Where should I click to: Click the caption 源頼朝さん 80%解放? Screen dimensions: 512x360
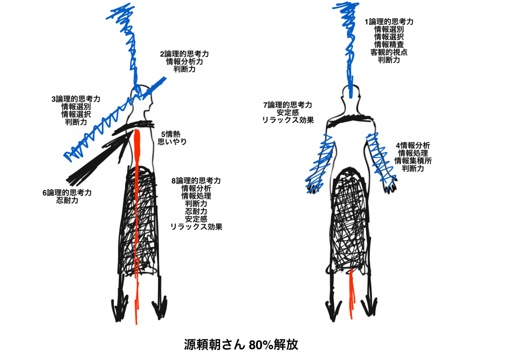tap(241, 344)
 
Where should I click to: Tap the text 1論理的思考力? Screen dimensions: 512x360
tap(389, 22)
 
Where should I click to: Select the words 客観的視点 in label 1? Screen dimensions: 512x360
tap(389, 52)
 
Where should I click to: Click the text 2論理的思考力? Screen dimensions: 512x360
tap(184, 54)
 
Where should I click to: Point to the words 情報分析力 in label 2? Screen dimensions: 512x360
tap(184, 61)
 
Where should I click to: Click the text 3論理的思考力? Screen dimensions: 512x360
tap(76, 99)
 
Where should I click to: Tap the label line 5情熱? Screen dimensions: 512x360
tap(171, 134)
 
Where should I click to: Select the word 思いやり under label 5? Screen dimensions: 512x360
tap(172, 142)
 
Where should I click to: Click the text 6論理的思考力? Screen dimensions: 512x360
tap(67, 192)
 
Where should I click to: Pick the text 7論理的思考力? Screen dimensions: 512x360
tap(287, 105)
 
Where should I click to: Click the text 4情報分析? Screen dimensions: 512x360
tap(412, 145)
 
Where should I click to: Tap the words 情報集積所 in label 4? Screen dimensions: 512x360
tap(413, 160)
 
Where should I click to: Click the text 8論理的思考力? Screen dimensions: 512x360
tap(196, 180)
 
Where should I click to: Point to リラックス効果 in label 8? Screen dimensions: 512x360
tap(196, 226)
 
